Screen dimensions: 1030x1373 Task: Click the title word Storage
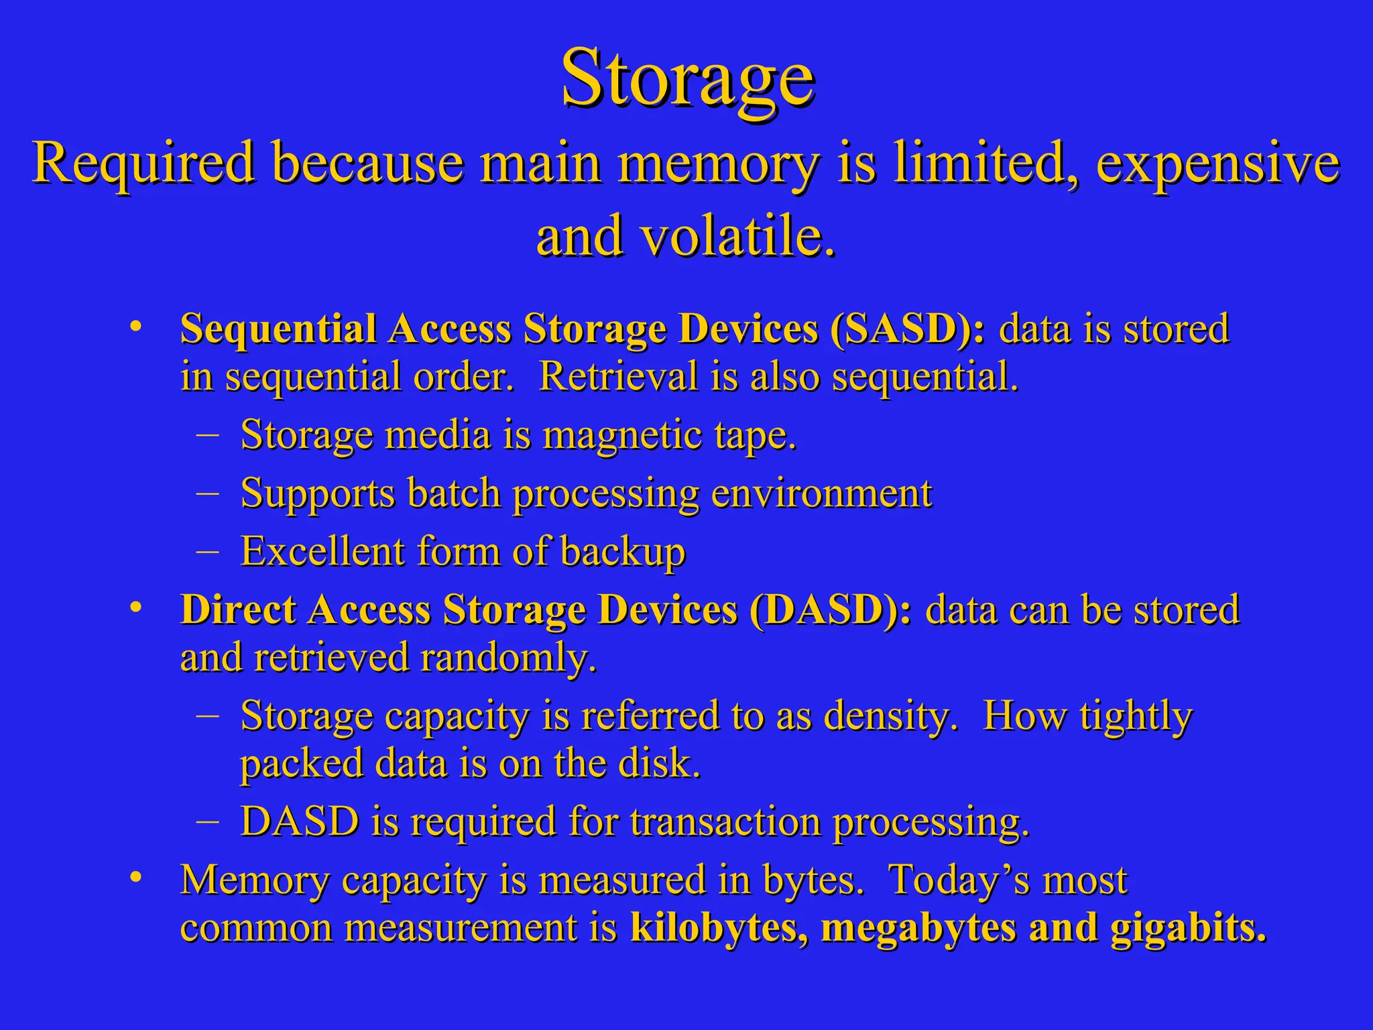click(688, 79)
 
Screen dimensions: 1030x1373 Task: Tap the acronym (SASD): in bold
click(907, 329)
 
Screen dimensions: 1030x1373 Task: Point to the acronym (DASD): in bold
click(831, 610)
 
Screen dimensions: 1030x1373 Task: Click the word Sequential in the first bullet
click(278, 329)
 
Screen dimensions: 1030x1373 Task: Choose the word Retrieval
click(618, 376)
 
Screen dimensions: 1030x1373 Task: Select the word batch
click(454, 494)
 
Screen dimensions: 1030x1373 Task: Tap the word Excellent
click(323, 551)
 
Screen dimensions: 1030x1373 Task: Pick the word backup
click(622, 553)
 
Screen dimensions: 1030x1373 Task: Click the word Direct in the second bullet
click(238, 610)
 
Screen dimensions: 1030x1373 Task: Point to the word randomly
click(508, 657)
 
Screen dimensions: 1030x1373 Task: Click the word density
click(890, 716)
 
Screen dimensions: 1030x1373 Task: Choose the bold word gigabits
click(1188, 927)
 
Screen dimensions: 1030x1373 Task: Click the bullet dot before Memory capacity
click(137, 876)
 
